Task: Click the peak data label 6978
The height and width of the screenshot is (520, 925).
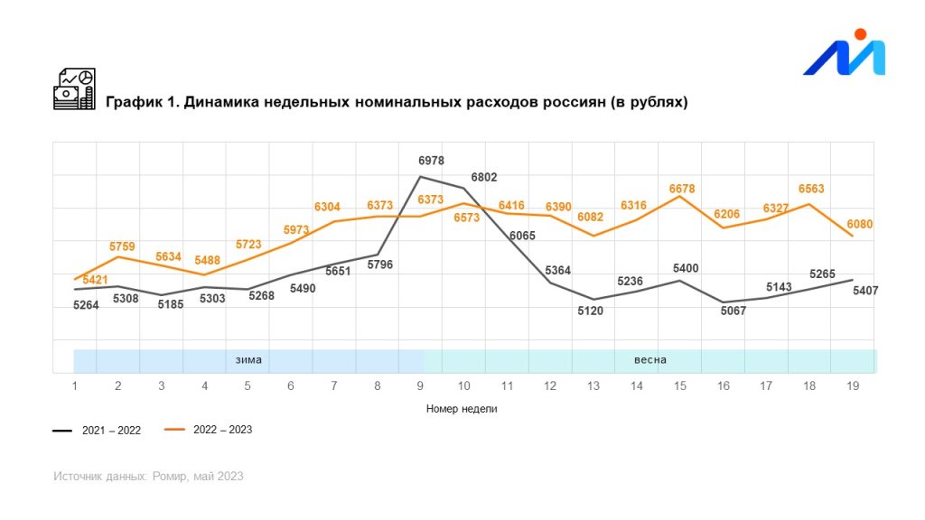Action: tap(431, 161)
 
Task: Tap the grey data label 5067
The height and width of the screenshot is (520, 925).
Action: tap(733, 311)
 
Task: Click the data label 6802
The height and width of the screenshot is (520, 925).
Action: tap(484, 178)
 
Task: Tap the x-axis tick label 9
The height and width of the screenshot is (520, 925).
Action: tap(420, 385)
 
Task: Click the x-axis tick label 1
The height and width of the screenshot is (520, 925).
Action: tap(74, 385)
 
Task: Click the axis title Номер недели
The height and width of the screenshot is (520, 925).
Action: tap(461, 409)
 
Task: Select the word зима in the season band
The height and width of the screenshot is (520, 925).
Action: tap(248, 360)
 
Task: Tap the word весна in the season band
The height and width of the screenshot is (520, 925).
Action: tap(649, 360)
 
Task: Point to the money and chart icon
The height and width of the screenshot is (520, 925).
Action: tap(74, 89)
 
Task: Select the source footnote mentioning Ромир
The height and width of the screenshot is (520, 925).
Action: tap(148, 477)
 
